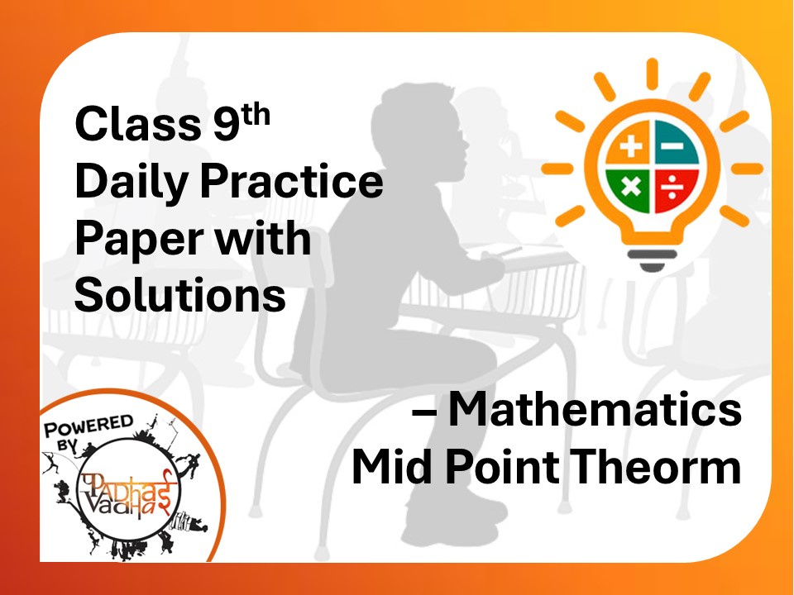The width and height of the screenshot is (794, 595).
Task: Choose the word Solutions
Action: (x=179, y=295)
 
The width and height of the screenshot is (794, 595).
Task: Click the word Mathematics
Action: (x=594, y=411)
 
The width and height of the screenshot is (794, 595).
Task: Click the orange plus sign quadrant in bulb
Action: (x=630, y=149)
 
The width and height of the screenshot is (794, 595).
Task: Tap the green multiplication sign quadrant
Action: (x=630, y=188)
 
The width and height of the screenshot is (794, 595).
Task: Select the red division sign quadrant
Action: (x=674, y=188)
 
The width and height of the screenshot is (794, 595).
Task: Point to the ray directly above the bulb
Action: (x=653, y=74)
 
